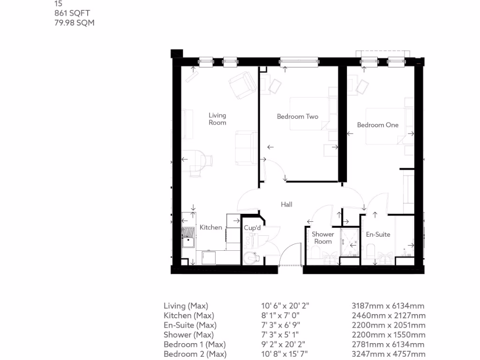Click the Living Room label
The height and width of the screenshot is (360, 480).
[217, 119]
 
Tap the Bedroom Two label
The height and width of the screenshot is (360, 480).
[297, 116]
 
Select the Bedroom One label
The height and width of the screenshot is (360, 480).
[377, 125]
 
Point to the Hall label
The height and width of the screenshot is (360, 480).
[286, 204]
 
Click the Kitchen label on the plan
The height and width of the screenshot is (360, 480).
[211, 227]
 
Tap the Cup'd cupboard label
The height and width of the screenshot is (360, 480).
[252, 228]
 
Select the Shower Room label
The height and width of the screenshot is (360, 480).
[323, 238]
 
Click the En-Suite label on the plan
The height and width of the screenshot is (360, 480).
[378, 234]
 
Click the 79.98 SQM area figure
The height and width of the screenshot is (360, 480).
[75, 22]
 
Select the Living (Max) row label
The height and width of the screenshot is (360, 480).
[186, 306]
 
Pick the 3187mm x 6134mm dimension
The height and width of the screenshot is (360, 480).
[389, 306]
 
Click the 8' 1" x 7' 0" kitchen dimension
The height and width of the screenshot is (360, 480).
[280, 316]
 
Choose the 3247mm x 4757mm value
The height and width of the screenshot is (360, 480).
[389, 354]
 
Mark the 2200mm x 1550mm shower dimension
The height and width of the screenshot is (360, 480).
[389, 335]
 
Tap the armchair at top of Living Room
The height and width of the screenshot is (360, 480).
[241, 85]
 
